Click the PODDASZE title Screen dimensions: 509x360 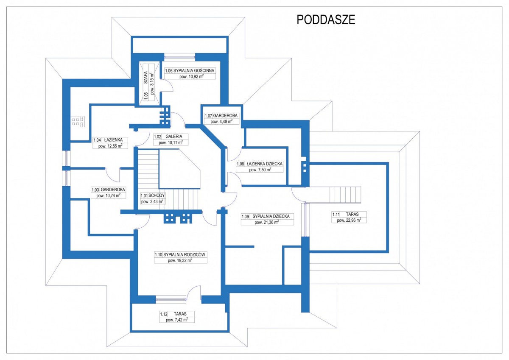click(326, 20)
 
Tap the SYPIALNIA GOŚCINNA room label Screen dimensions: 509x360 click(194, 71)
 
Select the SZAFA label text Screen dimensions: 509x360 click(145, 78)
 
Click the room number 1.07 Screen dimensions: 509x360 click(208, 116)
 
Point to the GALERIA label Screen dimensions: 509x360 click(173, 137)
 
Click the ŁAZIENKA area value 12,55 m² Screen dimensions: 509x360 click(110, 146)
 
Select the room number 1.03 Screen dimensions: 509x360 click(95, 190)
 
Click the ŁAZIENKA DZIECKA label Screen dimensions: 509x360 click(265, 164)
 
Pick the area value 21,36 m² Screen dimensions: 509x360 click(267, 222)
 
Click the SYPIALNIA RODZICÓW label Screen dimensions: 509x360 click(184, 254)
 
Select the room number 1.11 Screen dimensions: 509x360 click(336, 214)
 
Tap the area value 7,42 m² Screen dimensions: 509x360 click(177, 320)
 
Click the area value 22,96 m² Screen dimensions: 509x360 click(349, 220)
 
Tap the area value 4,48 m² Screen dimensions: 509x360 click(221, 122)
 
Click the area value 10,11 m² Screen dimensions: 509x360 click(171, 142)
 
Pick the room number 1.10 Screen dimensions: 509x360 click(158, 254)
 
